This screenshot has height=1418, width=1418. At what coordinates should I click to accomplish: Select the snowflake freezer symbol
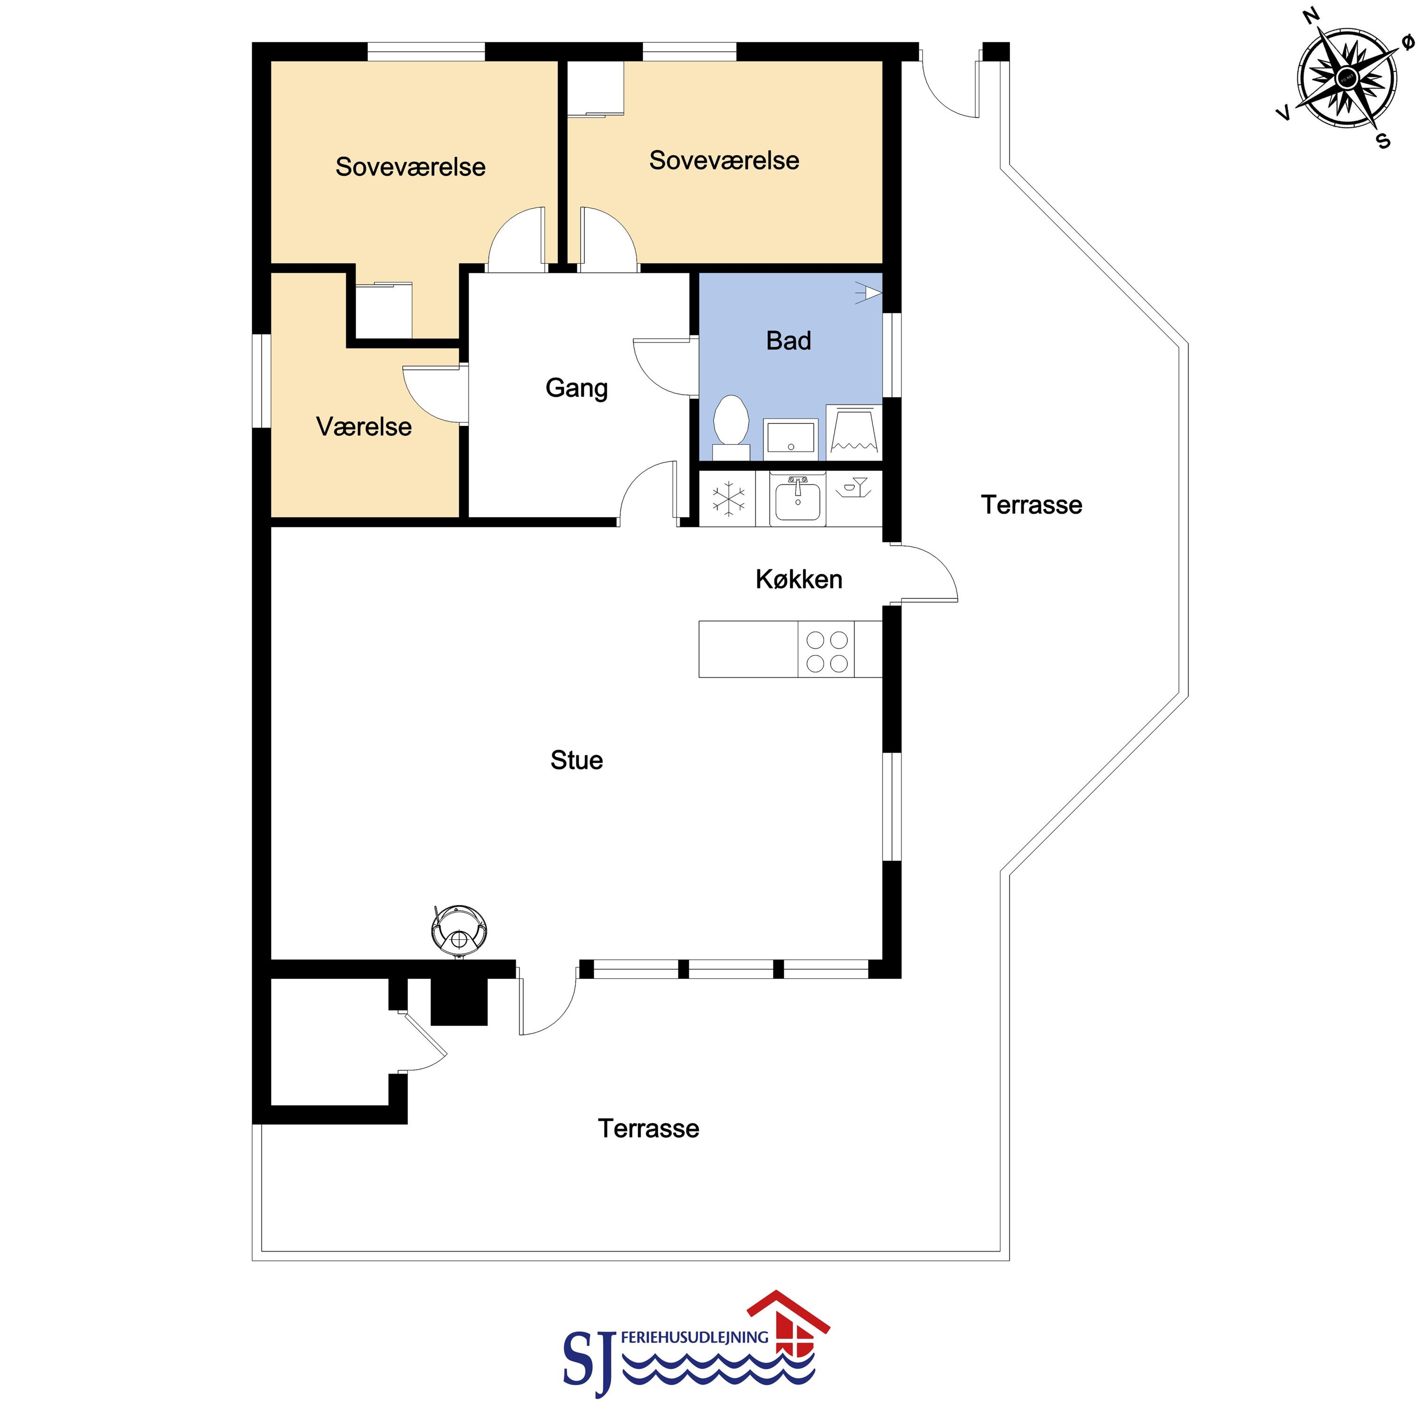click(x=728, y=499)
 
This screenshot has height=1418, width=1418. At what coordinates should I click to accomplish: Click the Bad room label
click(x=788, y=341)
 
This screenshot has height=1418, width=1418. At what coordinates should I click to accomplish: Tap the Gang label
click(x=577, y=389)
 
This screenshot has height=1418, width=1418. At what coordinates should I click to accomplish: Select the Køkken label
click(x=799, y=580)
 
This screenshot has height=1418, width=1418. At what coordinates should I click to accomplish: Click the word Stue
click(x=577, y=761)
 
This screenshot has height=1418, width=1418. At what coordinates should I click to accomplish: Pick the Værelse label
click(x=364, y=427)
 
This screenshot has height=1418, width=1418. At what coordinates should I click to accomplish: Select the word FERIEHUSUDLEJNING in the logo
click(x=694, y=1337)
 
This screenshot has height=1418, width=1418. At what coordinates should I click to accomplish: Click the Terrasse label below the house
click(x=649, y=1129)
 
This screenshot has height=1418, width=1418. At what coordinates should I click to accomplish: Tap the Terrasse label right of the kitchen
click(x=1032, y=505)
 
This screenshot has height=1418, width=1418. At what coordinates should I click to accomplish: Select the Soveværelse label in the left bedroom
click(x=411, y=167)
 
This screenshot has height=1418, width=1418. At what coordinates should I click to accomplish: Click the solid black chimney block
click(x=459, y=1002)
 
